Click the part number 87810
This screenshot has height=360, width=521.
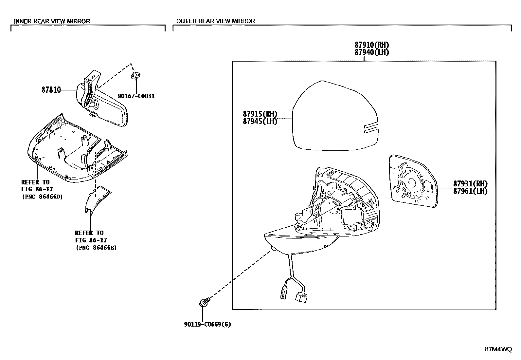pos(51,90)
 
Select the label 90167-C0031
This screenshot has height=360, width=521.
pos(136,96)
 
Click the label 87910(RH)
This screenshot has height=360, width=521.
pos(372,45)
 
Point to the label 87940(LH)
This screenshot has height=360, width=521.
pos(372,52)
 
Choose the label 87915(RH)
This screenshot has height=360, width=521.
pos(260,114)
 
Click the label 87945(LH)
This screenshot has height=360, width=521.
pos(260,122)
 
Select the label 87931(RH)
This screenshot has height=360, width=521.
pos(470,183)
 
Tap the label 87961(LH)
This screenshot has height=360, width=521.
pos(470,191)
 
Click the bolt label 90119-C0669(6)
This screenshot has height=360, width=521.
pos(207,325)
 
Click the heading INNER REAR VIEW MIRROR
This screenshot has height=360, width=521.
pos(52,21)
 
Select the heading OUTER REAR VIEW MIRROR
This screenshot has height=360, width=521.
pos(215,21)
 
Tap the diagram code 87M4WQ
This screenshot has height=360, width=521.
pos(498,349)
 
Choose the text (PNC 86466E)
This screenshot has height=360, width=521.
pos(96,248)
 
